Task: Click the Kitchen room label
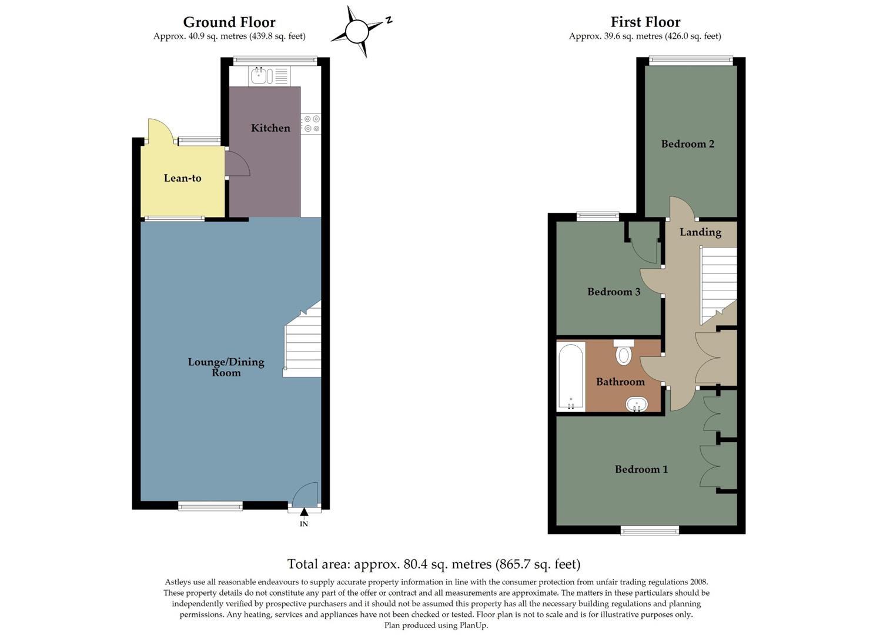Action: [x=270, y=128]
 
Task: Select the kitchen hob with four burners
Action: [x=311, y=123]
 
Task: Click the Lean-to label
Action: [x=182, y=178]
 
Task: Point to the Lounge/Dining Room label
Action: [x=226, y=367]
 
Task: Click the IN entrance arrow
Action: [x=304, y=513]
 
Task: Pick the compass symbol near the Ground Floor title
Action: [x=357, y=31]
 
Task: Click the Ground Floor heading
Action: [x=229, y=22]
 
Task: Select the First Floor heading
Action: [x=645, y=22]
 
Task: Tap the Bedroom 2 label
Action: [x=687, y=143]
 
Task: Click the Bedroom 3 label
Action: [x=613, y=292]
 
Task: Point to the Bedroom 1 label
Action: [x=641, y=469]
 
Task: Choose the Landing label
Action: [x=700, y=232]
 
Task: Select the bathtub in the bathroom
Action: [x=571, y=376]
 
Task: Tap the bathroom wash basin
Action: [x=637, y=405]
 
